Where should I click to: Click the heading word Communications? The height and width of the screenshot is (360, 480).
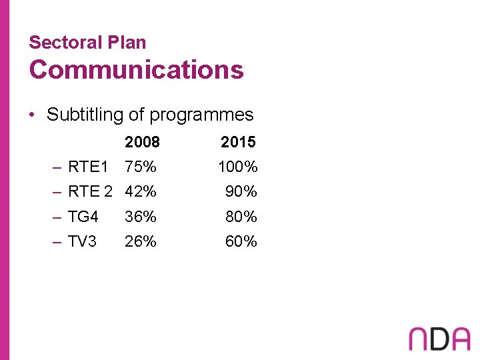(x=136, y=69)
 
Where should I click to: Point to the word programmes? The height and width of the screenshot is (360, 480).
(x=201, y=115)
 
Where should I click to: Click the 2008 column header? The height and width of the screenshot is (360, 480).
(x=142, y=142)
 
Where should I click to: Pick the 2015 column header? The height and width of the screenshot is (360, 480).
(x=238, y=142)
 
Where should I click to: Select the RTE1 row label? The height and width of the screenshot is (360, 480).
(x=87, y=167)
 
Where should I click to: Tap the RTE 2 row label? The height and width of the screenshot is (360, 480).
(x=90, y=192)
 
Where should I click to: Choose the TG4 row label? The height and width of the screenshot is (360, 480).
(x=83, y=217)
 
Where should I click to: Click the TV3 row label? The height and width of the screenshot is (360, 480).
(x=83, y=241)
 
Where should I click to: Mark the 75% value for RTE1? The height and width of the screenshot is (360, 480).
(x=141, y=167)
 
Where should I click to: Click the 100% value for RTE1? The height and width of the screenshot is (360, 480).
(x=238, y=167)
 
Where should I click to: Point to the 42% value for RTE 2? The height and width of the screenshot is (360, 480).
(x=141, y=192)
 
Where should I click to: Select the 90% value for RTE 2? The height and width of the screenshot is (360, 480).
(x=241, y=192)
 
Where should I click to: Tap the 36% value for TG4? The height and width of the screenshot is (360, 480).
(x=141, y=217)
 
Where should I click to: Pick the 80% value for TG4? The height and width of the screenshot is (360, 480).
(x=241, y=217)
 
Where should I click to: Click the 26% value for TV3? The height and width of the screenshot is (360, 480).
(x=141, y=241)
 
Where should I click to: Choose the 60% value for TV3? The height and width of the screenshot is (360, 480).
(x=241, y=241)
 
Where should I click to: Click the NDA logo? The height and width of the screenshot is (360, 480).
(x=439, y=338)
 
